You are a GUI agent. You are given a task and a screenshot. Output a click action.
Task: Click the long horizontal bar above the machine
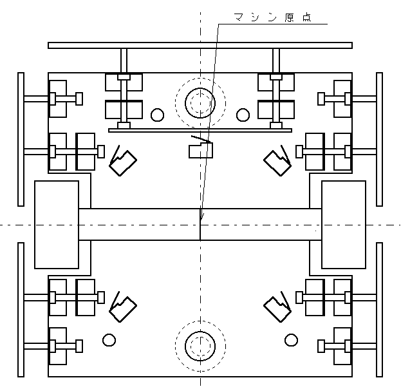pos(200,45)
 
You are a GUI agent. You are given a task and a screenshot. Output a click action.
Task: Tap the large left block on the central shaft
pos(57,224)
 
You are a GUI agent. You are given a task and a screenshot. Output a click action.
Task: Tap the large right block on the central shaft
pos(343,224)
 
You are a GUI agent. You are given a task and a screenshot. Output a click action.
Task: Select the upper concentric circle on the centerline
pos(200,102)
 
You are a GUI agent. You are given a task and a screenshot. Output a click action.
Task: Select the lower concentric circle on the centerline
pos(200,346)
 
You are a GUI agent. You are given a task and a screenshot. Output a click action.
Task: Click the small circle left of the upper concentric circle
pos(157,115)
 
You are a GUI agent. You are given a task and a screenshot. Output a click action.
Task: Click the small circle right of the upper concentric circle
pos(243,115)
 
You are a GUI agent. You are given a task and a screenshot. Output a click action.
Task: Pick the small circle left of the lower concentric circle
pos(108,339)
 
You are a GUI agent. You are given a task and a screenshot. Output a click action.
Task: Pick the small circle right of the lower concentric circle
pos(292,339)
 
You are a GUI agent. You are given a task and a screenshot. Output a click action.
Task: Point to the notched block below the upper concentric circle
pos(200,151)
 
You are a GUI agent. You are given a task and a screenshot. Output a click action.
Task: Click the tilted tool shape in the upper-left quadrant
pos(122,162)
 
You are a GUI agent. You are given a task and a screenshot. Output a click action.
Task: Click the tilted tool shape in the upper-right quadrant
pos(277,162)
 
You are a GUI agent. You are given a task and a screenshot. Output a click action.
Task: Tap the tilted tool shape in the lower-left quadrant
pos(122,308)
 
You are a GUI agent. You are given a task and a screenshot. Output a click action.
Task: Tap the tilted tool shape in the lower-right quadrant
pos(277,308)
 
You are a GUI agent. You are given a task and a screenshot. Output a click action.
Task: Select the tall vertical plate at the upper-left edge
pos(21,122)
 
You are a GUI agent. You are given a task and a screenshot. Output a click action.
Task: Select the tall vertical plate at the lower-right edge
pos(379,310)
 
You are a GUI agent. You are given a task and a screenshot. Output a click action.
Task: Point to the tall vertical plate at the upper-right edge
pos(379,122)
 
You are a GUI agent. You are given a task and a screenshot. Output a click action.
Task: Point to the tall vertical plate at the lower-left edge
pos(21,310)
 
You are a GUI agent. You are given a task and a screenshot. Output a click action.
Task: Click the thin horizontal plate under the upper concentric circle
pos(200,130)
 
